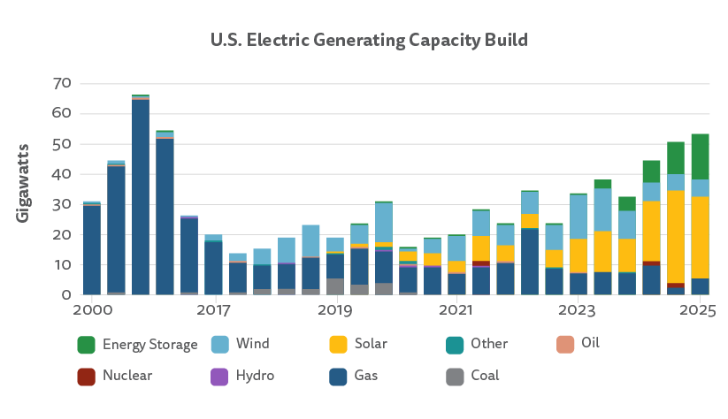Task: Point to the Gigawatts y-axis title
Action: click(23, 182)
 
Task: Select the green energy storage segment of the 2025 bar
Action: click(700, 156)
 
